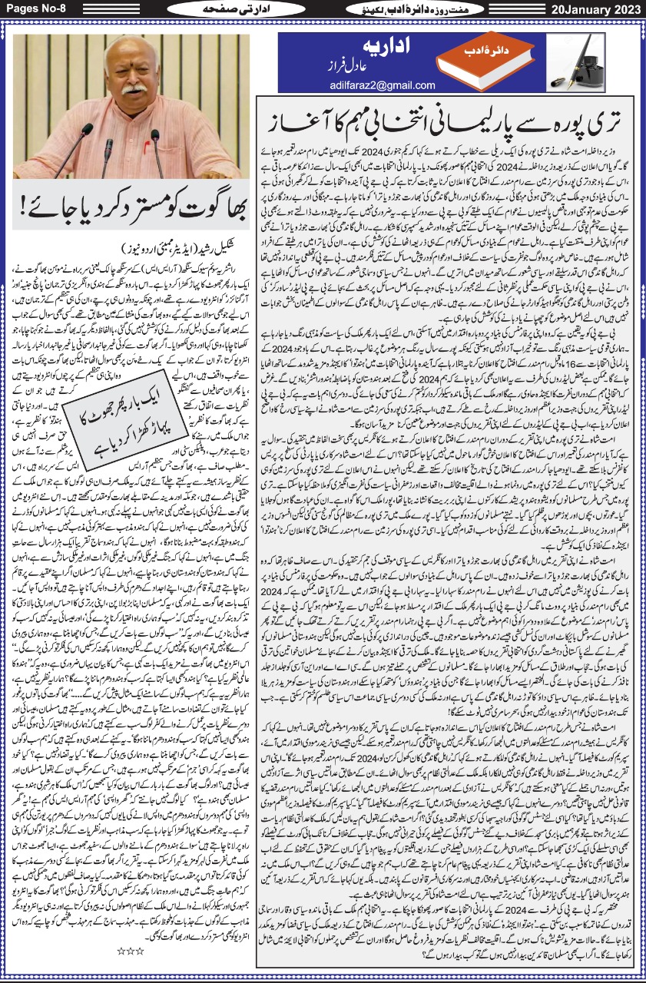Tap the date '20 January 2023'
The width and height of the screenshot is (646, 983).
596,8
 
